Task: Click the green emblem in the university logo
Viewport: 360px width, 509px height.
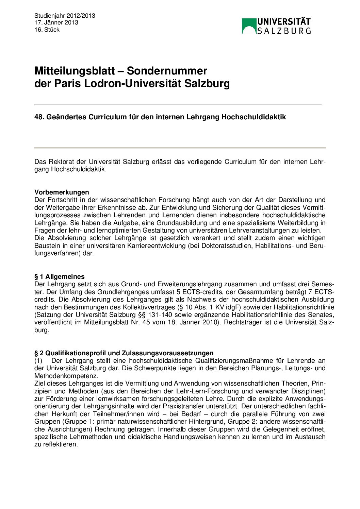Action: point(249,26)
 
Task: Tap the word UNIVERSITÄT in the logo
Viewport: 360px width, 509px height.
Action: point(284,22)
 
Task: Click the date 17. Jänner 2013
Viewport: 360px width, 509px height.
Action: point(56,22)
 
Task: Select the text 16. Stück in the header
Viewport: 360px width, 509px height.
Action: point(47,30)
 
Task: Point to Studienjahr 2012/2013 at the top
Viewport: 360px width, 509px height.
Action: point(65,16)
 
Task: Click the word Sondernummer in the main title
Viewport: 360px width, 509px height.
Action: point(167,71)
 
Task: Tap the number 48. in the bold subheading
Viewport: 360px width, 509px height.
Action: point(39,117)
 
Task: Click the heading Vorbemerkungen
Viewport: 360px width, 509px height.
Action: point(62,192)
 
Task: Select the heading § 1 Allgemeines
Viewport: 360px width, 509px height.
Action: point(60,276)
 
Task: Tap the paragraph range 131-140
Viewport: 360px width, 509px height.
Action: point(160,315)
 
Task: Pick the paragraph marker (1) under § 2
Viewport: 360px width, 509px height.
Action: point(38,360)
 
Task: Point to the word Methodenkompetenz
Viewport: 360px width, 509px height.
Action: point(66,376)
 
